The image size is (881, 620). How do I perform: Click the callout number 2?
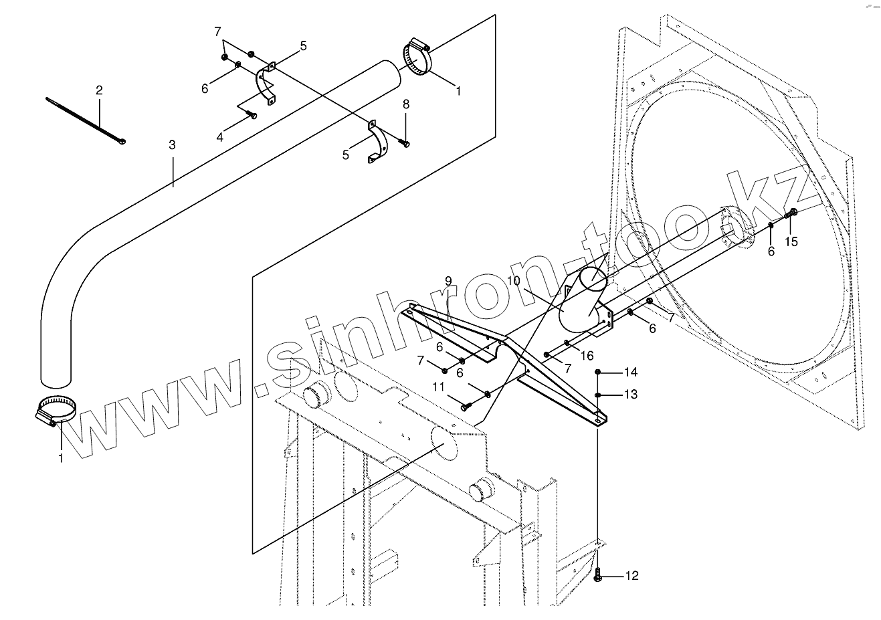[x=99, y=90]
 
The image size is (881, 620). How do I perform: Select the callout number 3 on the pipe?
[x=172, y=144]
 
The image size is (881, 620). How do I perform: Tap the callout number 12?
[x=631, y=576]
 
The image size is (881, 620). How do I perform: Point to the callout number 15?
[x=791, y=241]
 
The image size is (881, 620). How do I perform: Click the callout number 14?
[x=631, y=372]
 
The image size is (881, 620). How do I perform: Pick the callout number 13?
[x=631, y=395]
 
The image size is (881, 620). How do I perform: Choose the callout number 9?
[x=448, y=281]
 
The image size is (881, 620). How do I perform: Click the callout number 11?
[x=437, y=386]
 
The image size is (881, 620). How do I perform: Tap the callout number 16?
[x=587, y=356]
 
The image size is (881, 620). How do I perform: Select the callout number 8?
[x=406, y=104]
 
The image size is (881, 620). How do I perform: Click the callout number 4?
[x=220, y=138]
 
